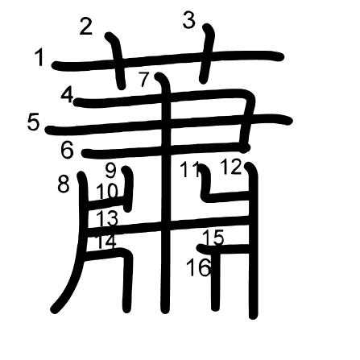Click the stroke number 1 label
pos(39,58)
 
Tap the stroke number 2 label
pos(86,27)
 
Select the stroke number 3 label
pos(189,21)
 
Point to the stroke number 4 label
pos(67,96)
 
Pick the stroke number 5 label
pos(34,122)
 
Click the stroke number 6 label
pos(67,150)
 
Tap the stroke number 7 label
pos(144,80)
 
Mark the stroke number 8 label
pos(64,184)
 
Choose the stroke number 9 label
pos(110,171)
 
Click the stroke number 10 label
pos(107,191)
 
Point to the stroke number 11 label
pos(190,170)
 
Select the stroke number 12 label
pos(231,167)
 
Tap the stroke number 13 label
pos(107,217)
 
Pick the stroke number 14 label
pos(106,241)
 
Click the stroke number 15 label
pos(213,238)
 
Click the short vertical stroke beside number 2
pos(117,60)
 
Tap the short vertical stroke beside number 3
pos(207,53)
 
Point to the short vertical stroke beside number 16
pos(215,279)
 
